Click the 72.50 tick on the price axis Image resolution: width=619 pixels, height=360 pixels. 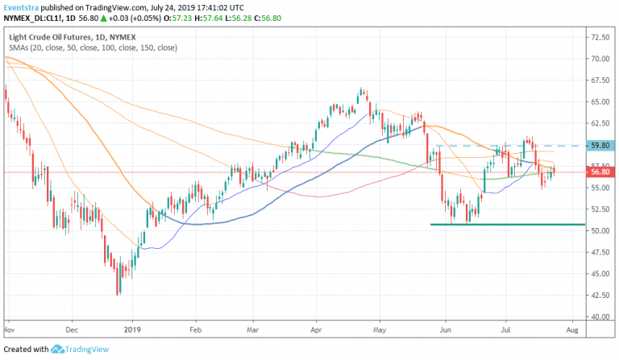tap(600, 37)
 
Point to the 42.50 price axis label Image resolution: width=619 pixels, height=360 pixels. tap(600, 296)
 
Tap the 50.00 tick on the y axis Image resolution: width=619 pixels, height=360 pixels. tap(600, 230)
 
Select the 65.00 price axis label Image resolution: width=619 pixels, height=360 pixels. tap(600, 102)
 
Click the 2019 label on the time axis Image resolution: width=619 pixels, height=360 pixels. tap(131, 329)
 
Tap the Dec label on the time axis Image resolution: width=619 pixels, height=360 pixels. tap(71, 329)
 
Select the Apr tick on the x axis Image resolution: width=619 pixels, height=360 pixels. tap(316, 329)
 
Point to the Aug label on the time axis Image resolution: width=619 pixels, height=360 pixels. tap(572, 329)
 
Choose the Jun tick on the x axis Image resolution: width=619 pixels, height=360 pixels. tap(445, 329)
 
